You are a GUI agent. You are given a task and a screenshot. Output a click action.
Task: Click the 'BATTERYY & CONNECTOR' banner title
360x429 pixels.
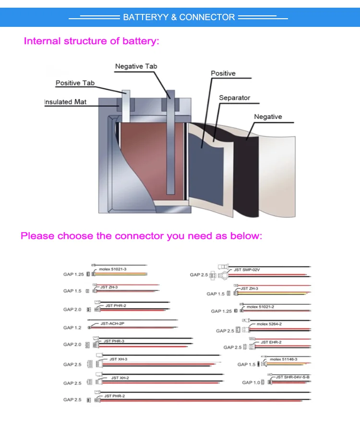point(179,17)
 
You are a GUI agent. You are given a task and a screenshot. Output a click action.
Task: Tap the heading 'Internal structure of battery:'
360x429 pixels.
point(91,41)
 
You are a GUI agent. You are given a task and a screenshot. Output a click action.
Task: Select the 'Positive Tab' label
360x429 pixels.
point(75,83)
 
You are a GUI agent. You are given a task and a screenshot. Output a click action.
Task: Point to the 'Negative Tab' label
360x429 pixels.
point(136,66)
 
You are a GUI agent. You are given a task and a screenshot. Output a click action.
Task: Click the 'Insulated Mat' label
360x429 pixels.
point(65,102)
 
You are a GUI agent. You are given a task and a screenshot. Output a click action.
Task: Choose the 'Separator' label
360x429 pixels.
point(234,98)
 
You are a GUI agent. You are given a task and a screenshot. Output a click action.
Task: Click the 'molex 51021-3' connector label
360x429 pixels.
point(113,270)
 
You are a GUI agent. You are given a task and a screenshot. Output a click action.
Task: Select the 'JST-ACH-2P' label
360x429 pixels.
point(112,324)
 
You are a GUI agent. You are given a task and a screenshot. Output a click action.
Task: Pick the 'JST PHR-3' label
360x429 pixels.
point(114,341)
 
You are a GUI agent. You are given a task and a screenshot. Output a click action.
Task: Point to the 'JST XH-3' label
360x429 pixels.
point(118,359)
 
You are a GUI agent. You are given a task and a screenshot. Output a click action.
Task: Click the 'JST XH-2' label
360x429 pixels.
point(120,378)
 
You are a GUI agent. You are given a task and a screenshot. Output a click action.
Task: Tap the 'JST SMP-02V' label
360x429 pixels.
point(246,270)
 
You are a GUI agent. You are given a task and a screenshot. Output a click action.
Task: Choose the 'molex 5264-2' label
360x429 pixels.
point(269,324)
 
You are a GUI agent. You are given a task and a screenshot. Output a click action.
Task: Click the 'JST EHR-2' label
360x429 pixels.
point(271,342)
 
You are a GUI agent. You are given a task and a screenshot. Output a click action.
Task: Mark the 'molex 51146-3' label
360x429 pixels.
point(283,359)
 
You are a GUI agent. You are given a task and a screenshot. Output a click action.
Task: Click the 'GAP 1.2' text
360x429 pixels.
point(72,328)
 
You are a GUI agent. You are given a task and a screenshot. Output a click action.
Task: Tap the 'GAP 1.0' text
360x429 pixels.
point(251,382)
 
